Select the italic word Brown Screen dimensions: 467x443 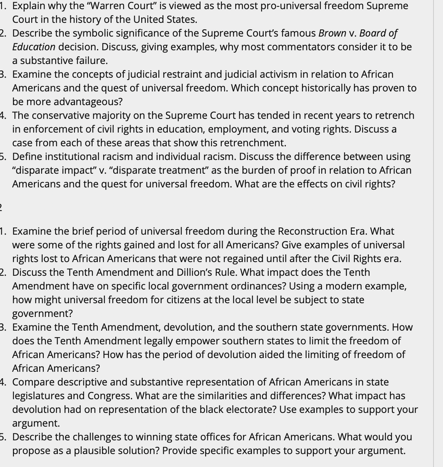pyautogui.click(x=332, y=33)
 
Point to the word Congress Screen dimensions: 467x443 pyautogui.click(x=110, y=396)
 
